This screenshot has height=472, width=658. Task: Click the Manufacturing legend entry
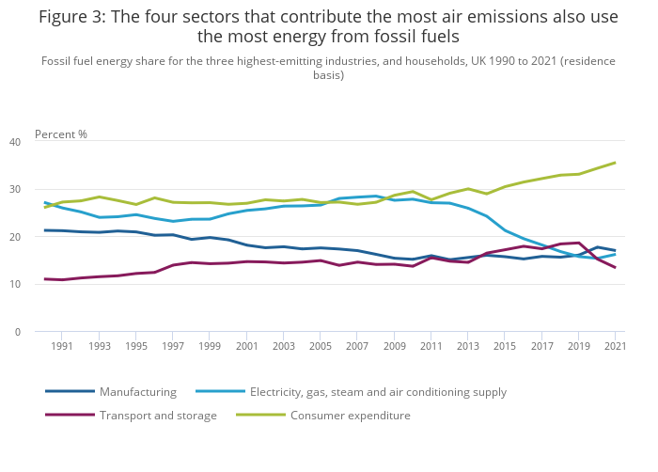pos(138,392)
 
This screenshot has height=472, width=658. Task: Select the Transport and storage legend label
pos(158,416)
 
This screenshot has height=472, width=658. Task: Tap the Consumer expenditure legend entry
pos(350,416)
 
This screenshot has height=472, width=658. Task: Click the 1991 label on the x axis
pos(61,346)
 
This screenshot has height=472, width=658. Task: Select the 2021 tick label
pos(615,346)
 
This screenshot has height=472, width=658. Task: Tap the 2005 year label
pos(320,346)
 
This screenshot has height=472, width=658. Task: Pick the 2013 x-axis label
pos(467,346)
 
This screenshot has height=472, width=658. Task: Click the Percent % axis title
pos(61,134)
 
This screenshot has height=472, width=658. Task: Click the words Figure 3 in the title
pos(70,17)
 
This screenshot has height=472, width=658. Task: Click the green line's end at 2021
pos(615,163)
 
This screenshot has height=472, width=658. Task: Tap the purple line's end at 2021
pos(615,268)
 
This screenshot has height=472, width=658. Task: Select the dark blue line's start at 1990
pos(45,230)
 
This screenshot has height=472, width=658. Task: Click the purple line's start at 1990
pos(45,279)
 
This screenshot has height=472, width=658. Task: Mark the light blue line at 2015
pos(505,230)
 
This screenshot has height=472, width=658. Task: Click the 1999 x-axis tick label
pos(209,346)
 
